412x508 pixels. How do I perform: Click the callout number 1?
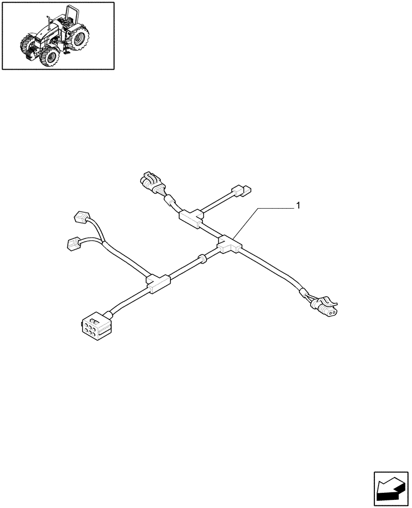[298, 206]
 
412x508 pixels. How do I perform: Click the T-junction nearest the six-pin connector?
[157, 283]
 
